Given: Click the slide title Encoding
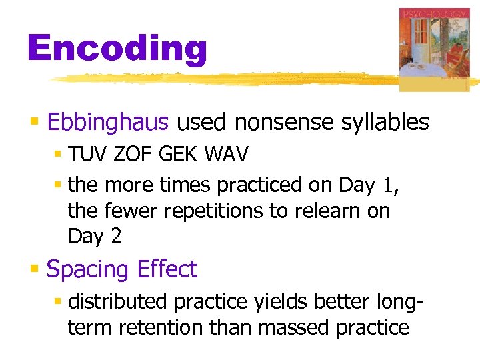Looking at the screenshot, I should tap(117, 49).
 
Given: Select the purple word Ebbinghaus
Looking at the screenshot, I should tap(109, 123).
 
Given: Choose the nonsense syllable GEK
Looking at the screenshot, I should tap(178, 155).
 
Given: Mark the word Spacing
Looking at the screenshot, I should tap(88, 270).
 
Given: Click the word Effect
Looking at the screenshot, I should tap(167, 269).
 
